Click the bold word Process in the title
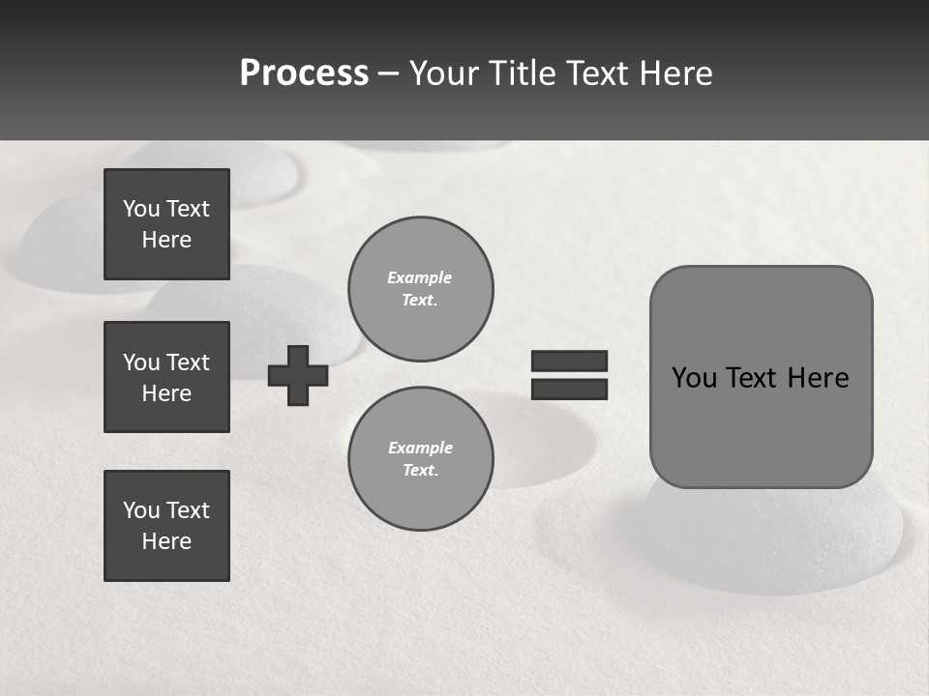coord(304,73)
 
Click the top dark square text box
coord(166,224)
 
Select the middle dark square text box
coord(166,377)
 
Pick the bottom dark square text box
coord(166,526)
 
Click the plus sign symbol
coord(298,375)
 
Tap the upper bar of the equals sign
coord(569,361)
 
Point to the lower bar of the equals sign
coord(569,389)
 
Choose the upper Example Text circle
coord(420,288)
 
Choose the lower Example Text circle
coord(420,458)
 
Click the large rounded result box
coord(761,377)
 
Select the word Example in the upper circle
coord(420,277)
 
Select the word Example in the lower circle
coord(420,448)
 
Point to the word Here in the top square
coord(166,240)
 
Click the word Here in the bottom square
coord(166,541)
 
